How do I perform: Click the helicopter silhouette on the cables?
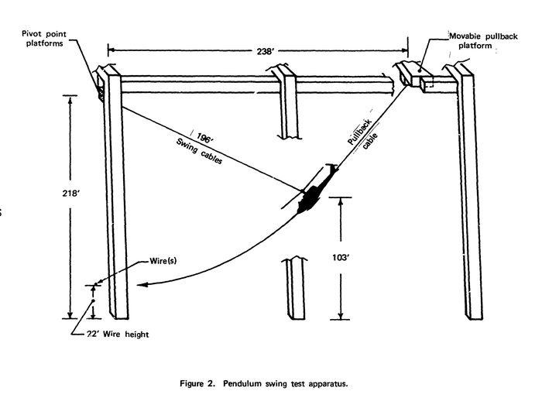(x=312, y=197)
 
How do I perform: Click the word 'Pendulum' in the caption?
(x=249, y=383)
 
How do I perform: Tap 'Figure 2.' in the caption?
(x=197, y=383)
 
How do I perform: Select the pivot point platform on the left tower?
(x=101, y=84)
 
